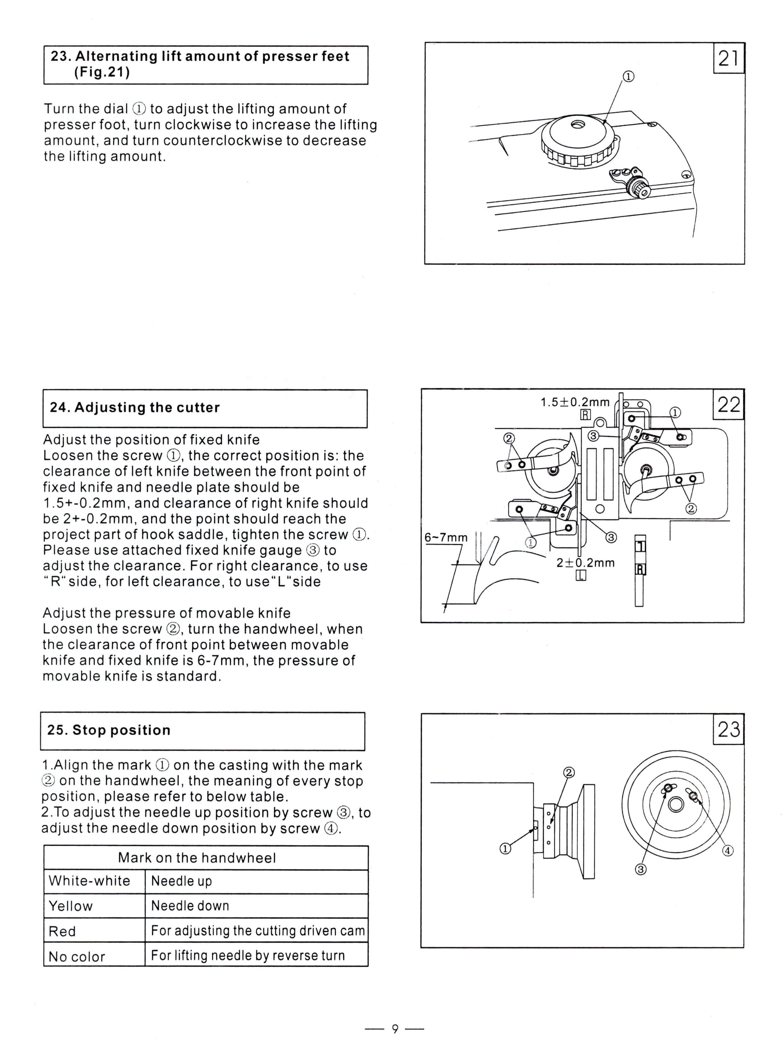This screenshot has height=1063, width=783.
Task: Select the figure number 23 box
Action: coord(728,729)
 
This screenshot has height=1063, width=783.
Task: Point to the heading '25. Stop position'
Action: coord(109,730)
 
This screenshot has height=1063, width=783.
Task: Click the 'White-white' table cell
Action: coord(90,881)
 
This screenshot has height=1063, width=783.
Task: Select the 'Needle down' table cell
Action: coord(190,906)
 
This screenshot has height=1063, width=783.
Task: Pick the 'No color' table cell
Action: coord(77,956)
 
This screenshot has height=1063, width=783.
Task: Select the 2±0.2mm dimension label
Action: coord(585,563)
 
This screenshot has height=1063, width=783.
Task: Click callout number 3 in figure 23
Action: coord(640,869)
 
